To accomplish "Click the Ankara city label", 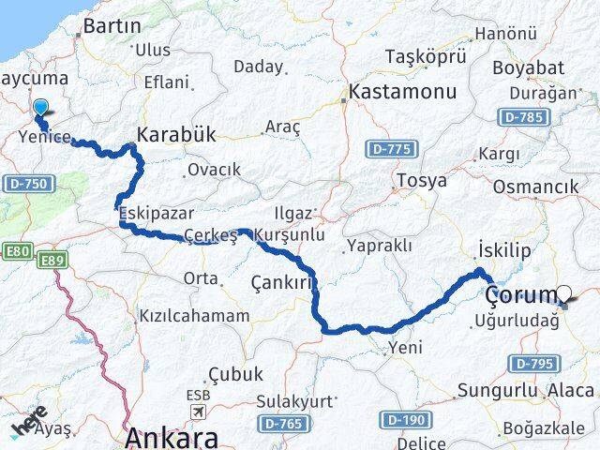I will click(x=172, y=437).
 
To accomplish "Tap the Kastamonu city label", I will click(x=402, y=93).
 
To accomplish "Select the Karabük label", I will click(x=175, y=135).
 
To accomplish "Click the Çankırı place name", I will click(x=280, y=281).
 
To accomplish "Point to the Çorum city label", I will click(x=520, y=295).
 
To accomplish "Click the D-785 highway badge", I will click(x=521, y=117).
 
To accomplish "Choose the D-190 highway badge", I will click(x=405, y=419).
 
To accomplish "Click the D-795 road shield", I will click(x=534, y=363).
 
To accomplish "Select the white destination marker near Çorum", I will click(x=564, y=294).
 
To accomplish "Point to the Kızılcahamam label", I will click(x=194, y=316).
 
